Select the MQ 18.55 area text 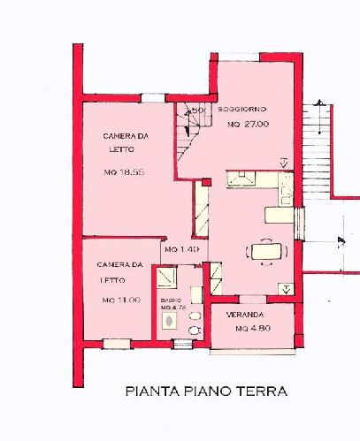click(123, 171)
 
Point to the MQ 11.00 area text click(121, 300)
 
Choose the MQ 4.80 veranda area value click(251, 329)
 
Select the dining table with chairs click(264, 252)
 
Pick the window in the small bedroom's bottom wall click(116, 344)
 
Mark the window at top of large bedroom click(150, 97)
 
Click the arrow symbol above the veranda click(284, 288)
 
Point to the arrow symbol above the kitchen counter click(283, 163)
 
